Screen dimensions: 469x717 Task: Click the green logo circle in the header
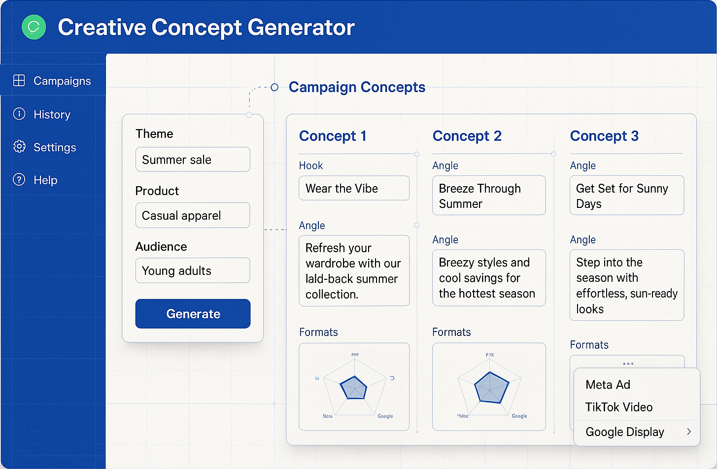click(x=34, y=27)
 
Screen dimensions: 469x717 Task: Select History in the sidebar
click(x=52, y=114)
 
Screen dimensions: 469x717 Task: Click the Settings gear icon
click(x=19, y=147)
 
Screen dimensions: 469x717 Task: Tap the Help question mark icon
click(x=19, y=180)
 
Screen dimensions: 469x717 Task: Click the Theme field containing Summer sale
click(x=193, y=160)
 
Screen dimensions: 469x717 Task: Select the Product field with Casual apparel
click(x=193, y=215)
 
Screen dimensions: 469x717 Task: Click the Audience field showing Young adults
click(x=193, y=270)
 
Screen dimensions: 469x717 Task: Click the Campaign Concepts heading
click(x=357, y=87)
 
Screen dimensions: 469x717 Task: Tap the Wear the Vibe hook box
click(x=354, y=188)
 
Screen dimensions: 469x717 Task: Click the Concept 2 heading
click(x=467, y=136)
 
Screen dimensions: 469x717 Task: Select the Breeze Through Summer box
click(x=488, y=196)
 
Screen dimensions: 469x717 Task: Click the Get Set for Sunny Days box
click(x=626, y=196)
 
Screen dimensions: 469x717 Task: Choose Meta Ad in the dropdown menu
click(x=608, y=385)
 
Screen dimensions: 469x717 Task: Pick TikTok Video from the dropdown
click(x=618, y=407)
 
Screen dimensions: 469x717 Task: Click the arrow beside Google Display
click(x=689, y=432)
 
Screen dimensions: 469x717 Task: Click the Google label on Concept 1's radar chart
click(x=385, y=416)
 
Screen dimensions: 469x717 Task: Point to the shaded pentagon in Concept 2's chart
click(x=491, y=388)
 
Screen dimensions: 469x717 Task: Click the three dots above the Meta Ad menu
click(x=628, y=364)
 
